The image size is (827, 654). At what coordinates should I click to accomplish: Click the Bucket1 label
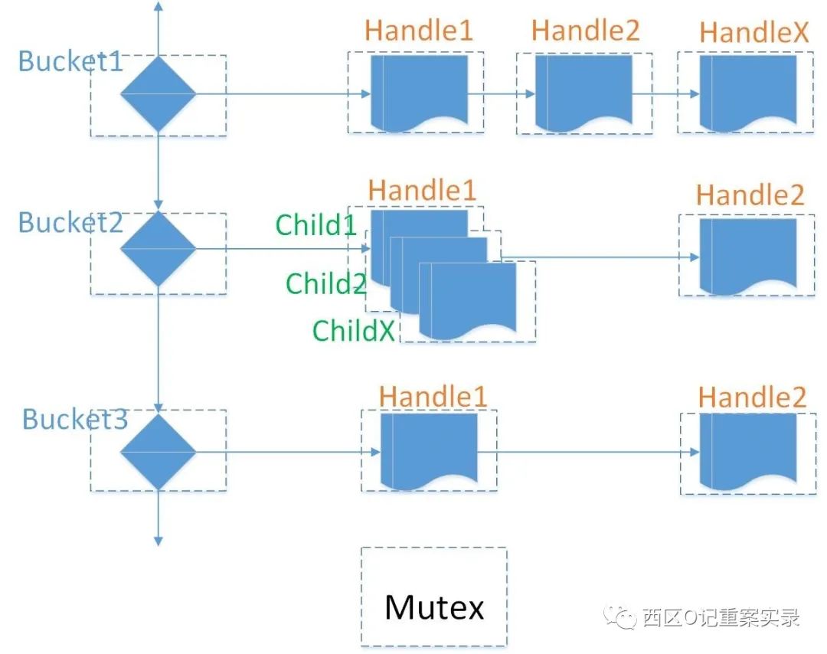pyautogui.click(x=70, y=61)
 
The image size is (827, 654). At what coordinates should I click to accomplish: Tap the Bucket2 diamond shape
pyautogui.click(x=159, y=248)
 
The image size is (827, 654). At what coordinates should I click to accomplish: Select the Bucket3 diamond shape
pyautogui.click(x=159, y=452)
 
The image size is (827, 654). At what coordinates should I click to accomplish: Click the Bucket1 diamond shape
pyautogui.click(x=159, y=94)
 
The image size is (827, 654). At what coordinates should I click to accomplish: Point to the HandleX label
pyautogui.click(x=753, y=32)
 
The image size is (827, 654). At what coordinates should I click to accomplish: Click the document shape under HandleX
pyautogui.click(x=748, y=93)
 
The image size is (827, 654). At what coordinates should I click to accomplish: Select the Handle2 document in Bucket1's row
pyautogui.click(x=583, y=93)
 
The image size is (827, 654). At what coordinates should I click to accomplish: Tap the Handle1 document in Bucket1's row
pyautogui.click(x=420, y=93)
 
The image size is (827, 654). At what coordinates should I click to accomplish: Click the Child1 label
pyautogui.click(x=316, y=224)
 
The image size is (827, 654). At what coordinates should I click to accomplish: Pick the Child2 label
pyautogui.click(x=326, y=283)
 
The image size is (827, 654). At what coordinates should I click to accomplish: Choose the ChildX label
pyautogui.click(x=353, y=331)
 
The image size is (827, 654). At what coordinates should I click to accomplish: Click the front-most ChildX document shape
pyautogui.click(x=467, y=301)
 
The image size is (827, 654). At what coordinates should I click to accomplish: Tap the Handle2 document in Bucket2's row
pyautogui.click(x=748, y=257)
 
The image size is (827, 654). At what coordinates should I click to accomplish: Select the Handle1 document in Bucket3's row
pyautogui.click(x=429, y=452)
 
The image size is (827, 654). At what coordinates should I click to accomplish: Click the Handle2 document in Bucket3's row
pyautogui.click(x=748, y=452)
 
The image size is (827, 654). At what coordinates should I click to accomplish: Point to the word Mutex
pyautogui.click(x=434, y=607)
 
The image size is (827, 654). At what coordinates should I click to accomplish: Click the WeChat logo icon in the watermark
pyautogui.click(x=619, y=616)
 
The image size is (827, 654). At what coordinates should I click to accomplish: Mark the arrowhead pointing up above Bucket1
pyautogui.click(x=159, y=6)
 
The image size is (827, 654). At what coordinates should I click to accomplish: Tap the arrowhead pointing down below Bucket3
pyautogui.click(x=159, y=541)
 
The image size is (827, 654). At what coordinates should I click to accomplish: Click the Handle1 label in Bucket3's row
pyautogui.click(x=433, y=397)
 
